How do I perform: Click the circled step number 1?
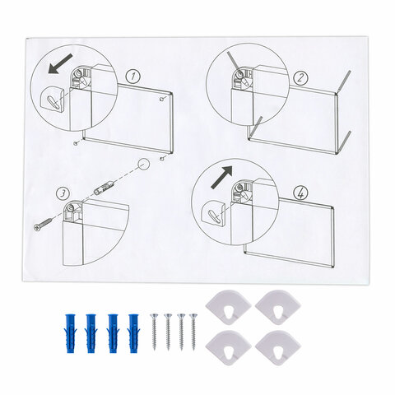[x=133, y=77]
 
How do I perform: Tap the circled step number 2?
[x=301, y=78]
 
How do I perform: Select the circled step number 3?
[x=63, y=194]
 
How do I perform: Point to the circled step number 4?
[x=300, y=194]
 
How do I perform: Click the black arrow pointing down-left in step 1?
[x=60, y=63]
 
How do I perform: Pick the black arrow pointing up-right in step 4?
[x=221, y=177]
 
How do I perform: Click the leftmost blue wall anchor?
[x=71, y=333]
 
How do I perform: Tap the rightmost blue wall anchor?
[x=133, y=333]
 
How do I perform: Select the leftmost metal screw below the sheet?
[x=154, y=332]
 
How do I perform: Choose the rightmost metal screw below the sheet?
[x=193, y=332]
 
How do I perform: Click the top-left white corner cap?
[x=228, y=308]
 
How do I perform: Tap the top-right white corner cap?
[x=278, y=308]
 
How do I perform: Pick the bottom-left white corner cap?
[x=228, y=348]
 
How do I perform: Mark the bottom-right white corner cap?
[x=278, y=348]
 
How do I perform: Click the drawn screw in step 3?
[x=44, y=224]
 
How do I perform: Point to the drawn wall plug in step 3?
[x=103, y=188]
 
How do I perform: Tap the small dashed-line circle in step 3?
[x=143, y=164]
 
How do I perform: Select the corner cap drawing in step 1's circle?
[x=52, y=100]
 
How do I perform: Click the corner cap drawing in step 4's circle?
[x=213, y=213]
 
